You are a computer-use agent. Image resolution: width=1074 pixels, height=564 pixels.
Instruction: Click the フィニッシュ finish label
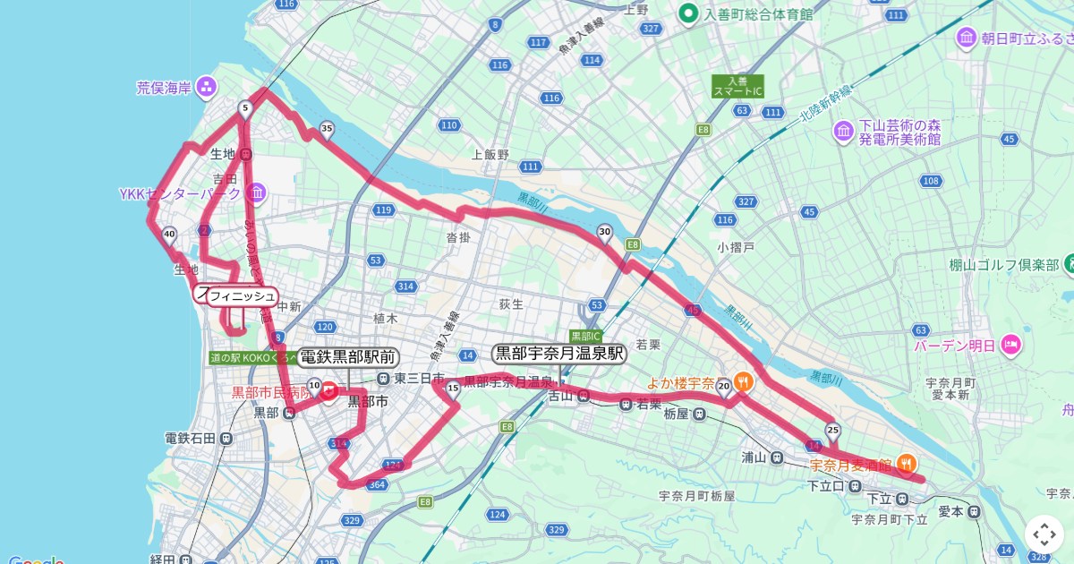coord(243,296)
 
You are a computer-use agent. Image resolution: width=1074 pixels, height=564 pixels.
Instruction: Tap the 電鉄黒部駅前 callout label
coord(348,356)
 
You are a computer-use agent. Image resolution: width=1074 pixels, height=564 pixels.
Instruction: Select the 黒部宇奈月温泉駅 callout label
coord(559,353)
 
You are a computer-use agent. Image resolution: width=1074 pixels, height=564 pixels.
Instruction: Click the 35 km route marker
coord(327,130)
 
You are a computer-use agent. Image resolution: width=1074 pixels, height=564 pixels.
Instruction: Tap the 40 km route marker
coord(169,235)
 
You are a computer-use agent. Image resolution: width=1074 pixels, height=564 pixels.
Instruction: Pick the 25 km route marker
coord(833,430)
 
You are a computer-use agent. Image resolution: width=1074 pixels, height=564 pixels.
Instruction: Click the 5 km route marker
coord(244,108)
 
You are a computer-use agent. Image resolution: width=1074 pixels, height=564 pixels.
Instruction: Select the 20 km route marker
coord(724,386)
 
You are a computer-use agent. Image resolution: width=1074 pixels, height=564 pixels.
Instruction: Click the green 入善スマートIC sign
coord(737,86)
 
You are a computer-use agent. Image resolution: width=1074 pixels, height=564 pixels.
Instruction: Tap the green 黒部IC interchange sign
coord(586,336)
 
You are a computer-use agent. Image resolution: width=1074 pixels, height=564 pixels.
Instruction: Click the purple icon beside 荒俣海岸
coord(207,87)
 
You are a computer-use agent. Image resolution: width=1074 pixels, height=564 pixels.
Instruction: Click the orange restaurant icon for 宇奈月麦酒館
coord(907,464)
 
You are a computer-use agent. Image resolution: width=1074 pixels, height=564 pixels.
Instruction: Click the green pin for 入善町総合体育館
coord(687,13)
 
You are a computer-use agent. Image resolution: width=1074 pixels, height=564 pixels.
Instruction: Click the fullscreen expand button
coord(1044,535)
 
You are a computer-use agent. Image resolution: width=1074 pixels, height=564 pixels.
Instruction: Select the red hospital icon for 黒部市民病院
coord(328,391)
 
